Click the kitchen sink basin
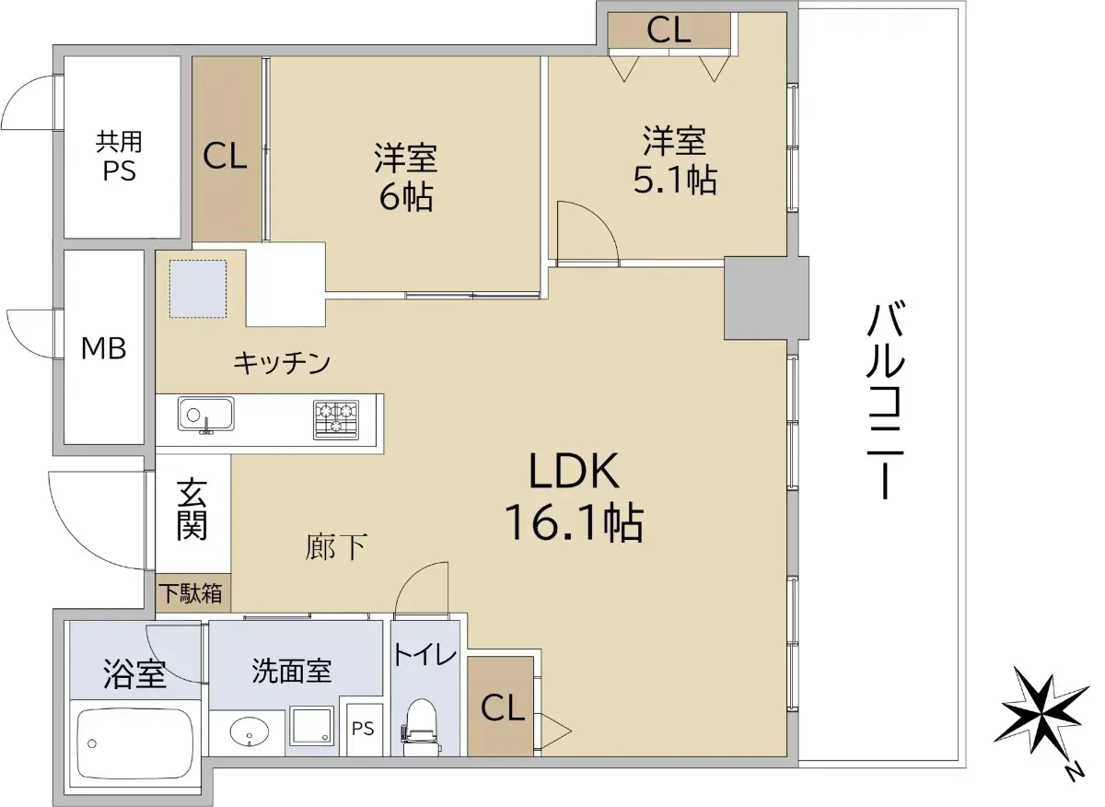(x=206, y=414)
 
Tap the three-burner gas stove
(x=336, y=419)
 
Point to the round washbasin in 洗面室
(x=250, y=732)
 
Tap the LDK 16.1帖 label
(x=575, y=497)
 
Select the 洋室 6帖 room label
(x=406, y=177)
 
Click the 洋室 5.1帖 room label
(x=675, y=160)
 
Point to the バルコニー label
(x=886, y=403)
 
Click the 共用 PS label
(x=119, y=156)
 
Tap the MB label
(x=103, y=348)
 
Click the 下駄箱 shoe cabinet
(x=192, y=593)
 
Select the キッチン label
(x=282, y=363)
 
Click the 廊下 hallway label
(x=336, y=547)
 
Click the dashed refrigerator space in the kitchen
(x=198, y=288)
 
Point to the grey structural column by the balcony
(x=766, y=298)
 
